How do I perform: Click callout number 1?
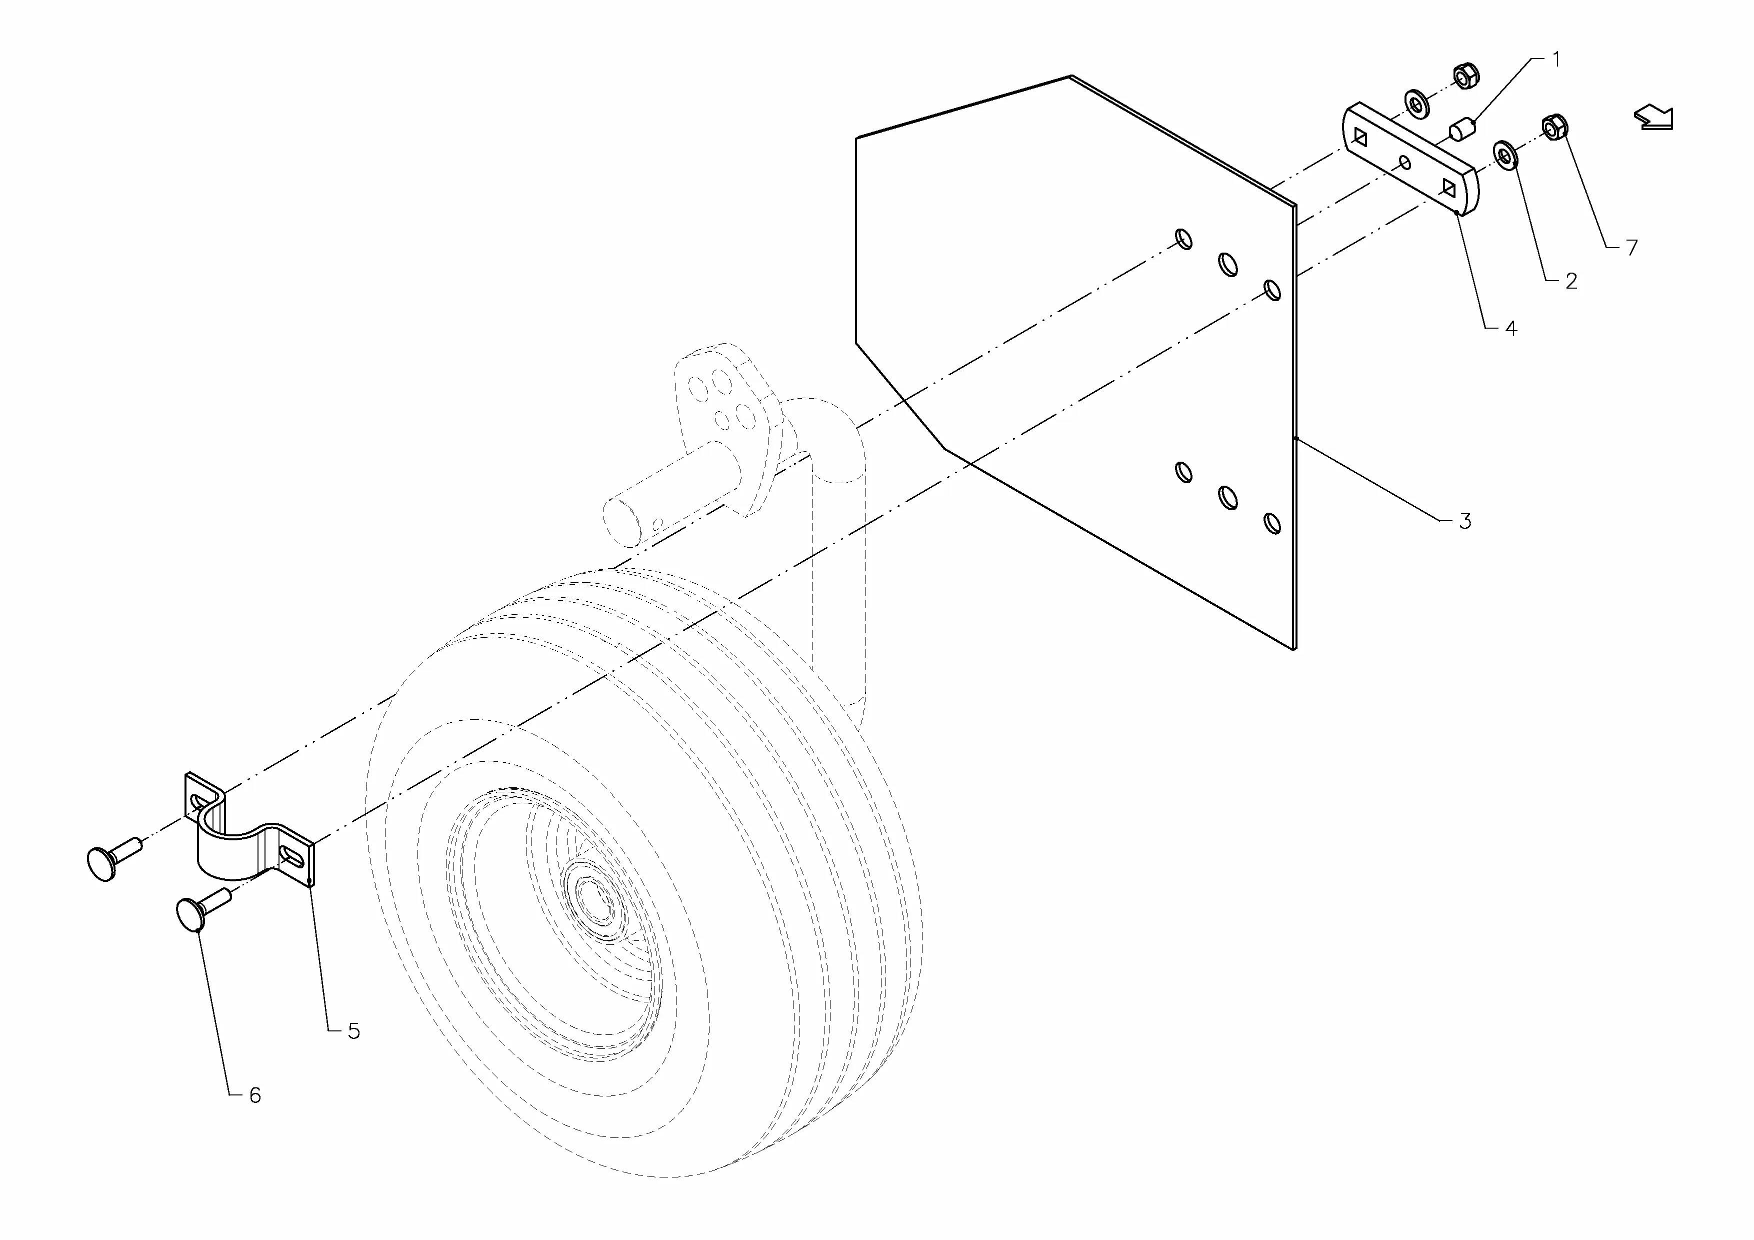click(x=1556, y=60)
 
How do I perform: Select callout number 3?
click(x=1464, y=521)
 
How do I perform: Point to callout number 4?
click(x=1510, y=329)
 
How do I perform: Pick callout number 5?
click(x=353, y=1031)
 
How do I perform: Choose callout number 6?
click(x=255, y=1095)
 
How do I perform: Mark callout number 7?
click(x=1632, y=248)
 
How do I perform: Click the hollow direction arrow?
click(x=1654, y=117)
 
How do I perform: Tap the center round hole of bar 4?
click(x=1404, y=162)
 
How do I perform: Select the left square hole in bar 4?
click(x=1360, y=137)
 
